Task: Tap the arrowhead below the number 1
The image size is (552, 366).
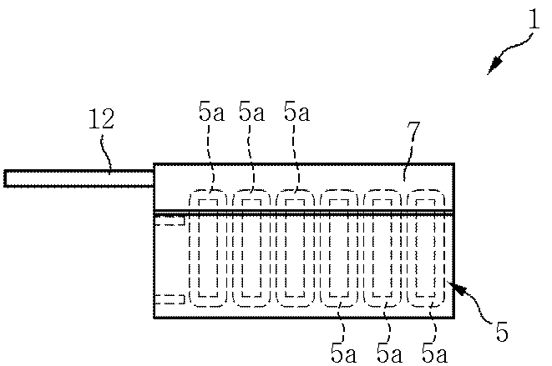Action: [494, 66]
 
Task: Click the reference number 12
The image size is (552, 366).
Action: [101, 119]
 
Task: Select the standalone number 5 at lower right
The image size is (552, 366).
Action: [502, 331]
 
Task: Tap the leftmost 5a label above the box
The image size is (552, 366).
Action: [211, 112]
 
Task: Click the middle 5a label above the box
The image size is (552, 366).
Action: [251, 112]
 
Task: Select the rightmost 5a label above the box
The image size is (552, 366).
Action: [296, 112]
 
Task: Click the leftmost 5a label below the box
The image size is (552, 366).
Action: [343, 353]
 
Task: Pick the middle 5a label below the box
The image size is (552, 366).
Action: [389, 353]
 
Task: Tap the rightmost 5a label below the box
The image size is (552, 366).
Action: [434, 353]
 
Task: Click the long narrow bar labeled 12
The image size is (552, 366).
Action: [79, 178]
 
